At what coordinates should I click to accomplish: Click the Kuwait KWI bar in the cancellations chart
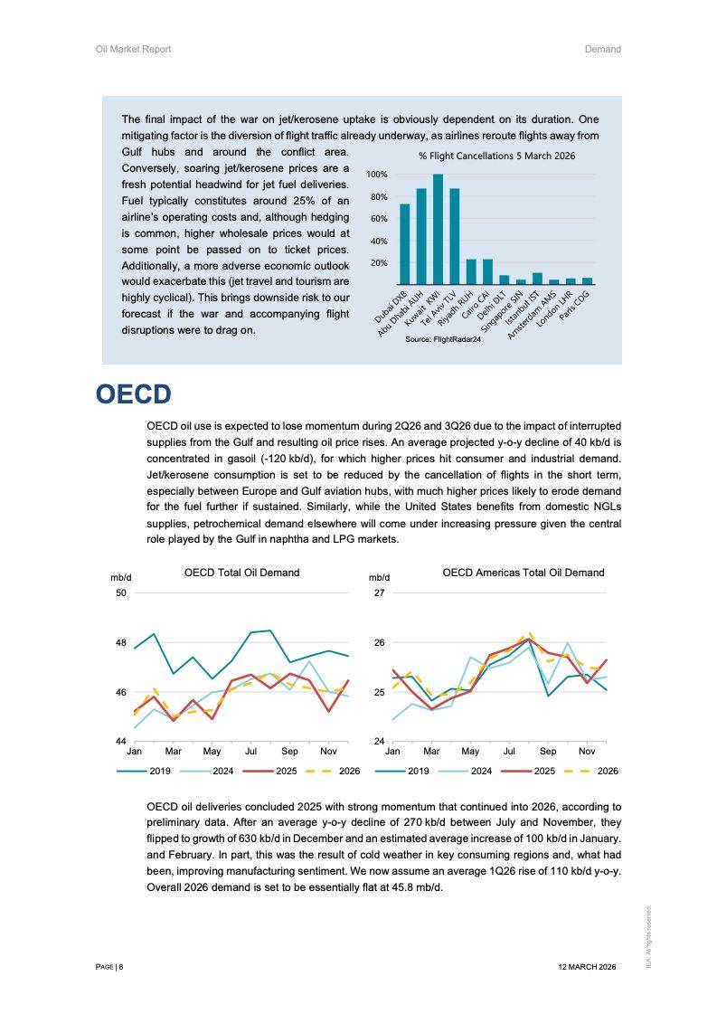tap(438, 230)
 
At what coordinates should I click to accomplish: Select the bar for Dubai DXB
tap(404, 244)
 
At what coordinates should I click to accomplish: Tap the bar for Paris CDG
tap(587, 281)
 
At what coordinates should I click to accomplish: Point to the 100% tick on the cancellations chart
tap(377, 175)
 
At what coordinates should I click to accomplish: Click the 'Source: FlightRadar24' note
tap(443, 338)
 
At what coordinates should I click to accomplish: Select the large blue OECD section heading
tap(133, 395)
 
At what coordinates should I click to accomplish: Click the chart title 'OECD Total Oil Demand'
tap(241, 573)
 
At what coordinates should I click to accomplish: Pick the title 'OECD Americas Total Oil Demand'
tap(524, 573)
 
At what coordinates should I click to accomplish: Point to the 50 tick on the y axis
tap(120, 592)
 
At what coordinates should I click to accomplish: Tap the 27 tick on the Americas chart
tap(380, 592)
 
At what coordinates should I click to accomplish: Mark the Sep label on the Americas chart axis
tap(548, 752)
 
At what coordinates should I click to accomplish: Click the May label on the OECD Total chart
tap(212, 752)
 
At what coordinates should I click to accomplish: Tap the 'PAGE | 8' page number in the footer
tap(109, 967)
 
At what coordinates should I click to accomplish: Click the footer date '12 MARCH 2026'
tap(587, 967)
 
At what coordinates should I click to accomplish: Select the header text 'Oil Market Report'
tap(133, 49)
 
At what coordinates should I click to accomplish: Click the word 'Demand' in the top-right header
tap(602, 49)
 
